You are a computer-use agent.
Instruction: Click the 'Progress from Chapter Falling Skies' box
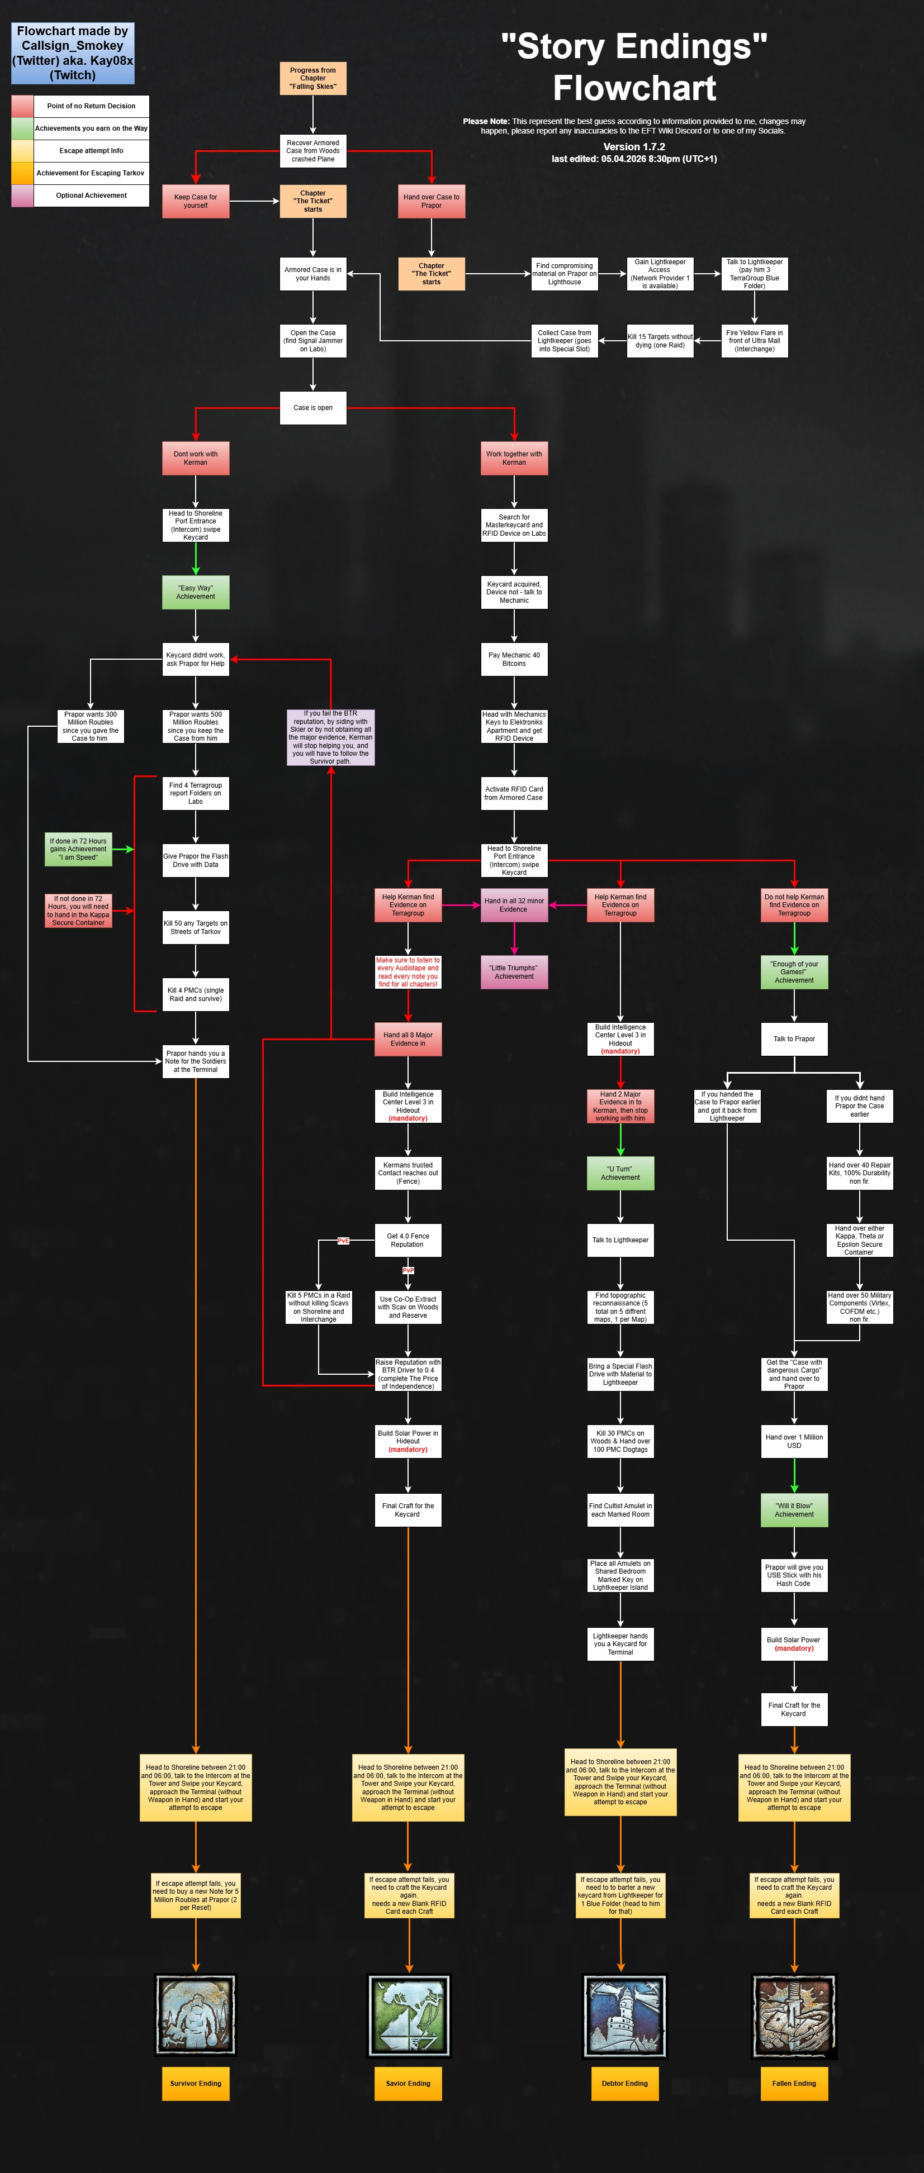click(x=313, y=78)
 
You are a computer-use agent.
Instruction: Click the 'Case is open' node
click(x=313, y=407)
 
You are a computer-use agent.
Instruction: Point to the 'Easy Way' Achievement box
click(x=196, y=592)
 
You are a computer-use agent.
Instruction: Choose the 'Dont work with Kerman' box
click(x=196, y=458)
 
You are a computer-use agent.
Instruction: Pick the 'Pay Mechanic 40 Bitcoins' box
click(x=514, y=659)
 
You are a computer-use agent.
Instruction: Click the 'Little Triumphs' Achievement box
click(x=514, y=972)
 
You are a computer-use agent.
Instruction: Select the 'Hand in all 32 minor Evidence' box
click(x=514, y=905)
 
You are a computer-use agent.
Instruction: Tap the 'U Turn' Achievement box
click(x=620, y=1173)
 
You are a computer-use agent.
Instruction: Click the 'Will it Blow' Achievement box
click(x=794, y=1510)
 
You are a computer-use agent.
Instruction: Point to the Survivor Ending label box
click(x=196, y=2083)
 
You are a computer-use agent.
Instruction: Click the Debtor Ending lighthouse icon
click(x=624, y=2015)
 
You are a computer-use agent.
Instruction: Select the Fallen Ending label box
click(x=794, y=2083)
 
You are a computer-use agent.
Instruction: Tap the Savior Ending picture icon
click(x=409, y=2015)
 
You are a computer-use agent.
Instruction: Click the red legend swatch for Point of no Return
click(x=22, y=106)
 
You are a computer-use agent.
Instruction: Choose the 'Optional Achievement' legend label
click(x=91, y=196)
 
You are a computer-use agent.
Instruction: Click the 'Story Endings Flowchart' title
click(x=634, y=66)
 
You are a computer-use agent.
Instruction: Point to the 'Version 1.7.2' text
click(x=634, y=147)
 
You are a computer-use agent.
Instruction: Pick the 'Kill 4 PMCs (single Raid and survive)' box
click(x=196, y=994)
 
